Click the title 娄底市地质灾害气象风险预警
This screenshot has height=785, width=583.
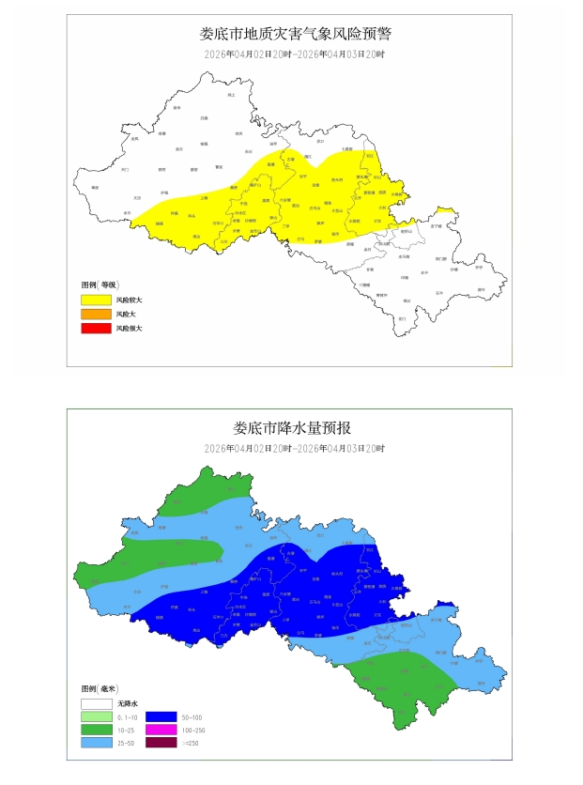295,34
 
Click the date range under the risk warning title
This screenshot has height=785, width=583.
295,54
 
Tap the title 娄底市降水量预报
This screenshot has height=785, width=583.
292,428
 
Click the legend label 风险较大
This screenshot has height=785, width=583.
129,300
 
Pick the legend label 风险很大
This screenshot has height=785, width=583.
129,329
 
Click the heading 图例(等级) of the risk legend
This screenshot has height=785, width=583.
99,284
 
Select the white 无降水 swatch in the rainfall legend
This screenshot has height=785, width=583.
95,702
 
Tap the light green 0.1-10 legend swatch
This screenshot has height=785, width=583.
95,716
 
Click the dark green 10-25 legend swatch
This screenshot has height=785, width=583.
95,730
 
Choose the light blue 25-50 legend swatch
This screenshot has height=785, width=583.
95,744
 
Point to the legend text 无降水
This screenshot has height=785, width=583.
128,702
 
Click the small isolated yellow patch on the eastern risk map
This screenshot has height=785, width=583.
447,211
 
